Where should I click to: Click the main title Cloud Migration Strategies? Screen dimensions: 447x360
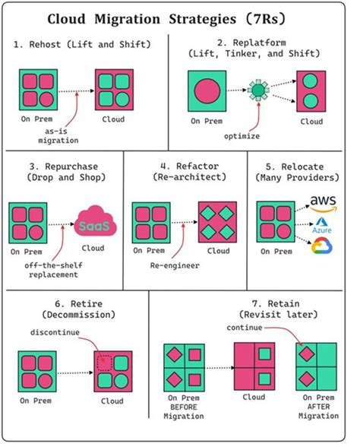[x=179, y=17]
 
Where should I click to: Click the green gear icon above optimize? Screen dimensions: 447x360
[x=260, y=90]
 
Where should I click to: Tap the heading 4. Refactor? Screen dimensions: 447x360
[x=181, y=166]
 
